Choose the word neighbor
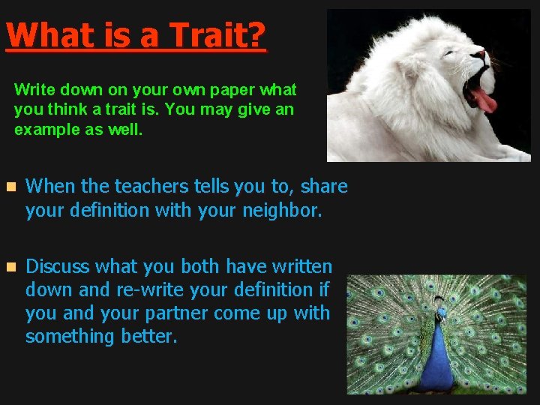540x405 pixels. point(282,211)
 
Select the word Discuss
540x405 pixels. point(58,266)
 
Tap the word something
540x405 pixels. point(70,337)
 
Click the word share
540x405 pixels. point(325,186)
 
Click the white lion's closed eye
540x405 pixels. point(448,53)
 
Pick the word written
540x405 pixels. point(298,266)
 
